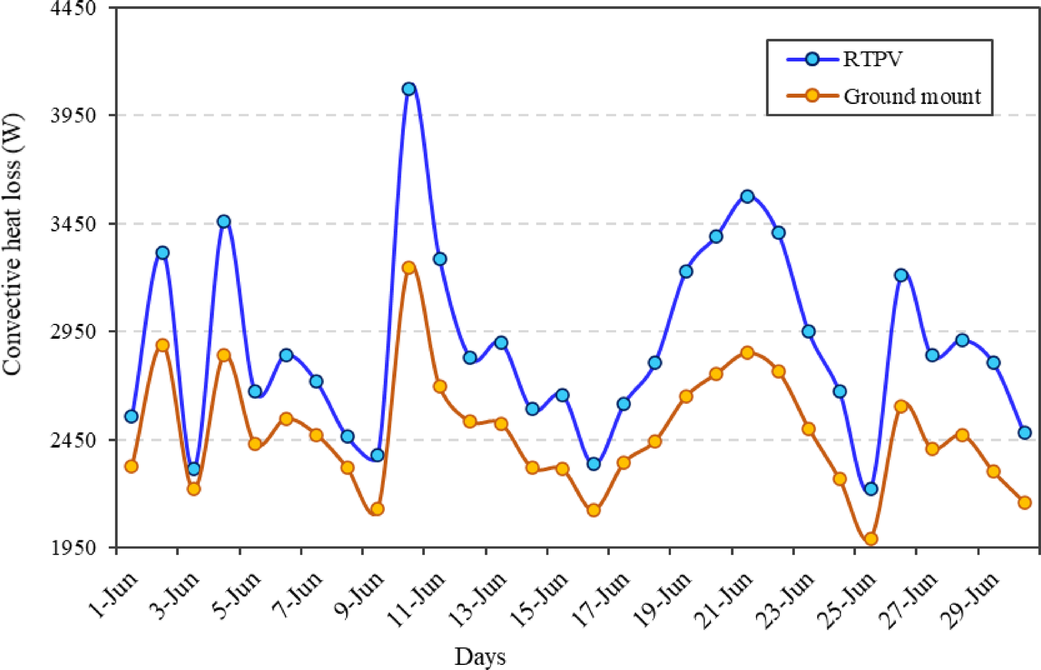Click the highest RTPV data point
pos(408,89)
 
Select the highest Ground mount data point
pos(408,267)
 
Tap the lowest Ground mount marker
pos(871,539)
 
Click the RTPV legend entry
pos(845,59)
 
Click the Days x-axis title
pos(480,657)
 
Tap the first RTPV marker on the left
pos(131,416)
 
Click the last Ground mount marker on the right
pos(1024,502)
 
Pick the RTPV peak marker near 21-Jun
pos(747,196)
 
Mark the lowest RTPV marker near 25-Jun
pos(871,489)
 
